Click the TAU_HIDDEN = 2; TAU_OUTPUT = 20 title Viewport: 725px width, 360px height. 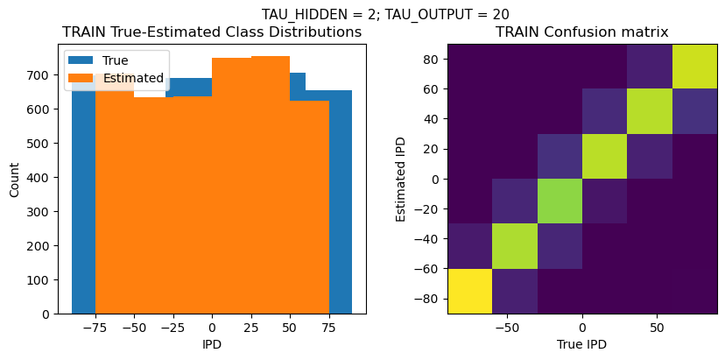(385, 14)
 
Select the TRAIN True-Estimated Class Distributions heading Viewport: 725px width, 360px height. (212, 32)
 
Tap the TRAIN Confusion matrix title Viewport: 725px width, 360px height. (582, 32)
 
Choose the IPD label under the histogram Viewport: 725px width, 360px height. (212, 344)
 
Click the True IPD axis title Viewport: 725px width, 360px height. (582, 344)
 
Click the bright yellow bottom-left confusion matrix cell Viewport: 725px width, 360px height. (469, 291)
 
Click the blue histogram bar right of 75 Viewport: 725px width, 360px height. (341, 201)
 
